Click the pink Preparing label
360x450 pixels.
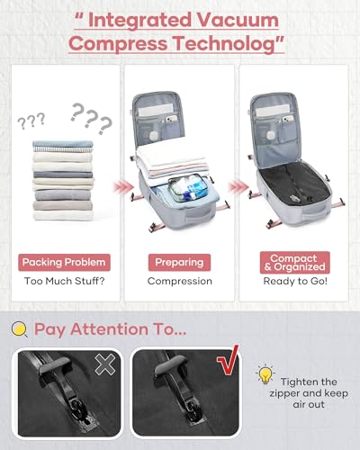180,263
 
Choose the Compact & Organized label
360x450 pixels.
293,263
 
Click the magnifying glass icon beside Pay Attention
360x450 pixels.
20,328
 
